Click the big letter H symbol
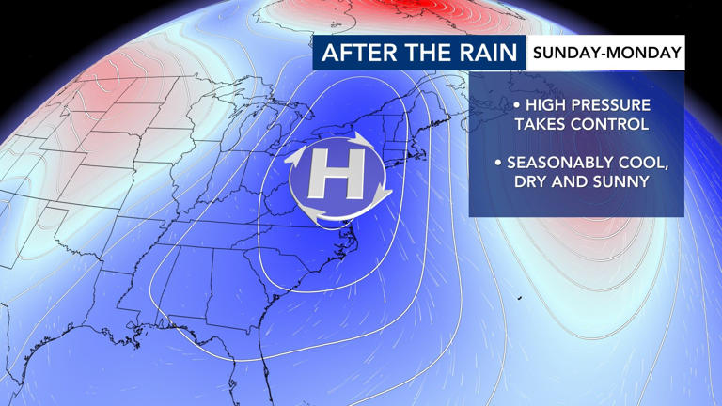[339, 176]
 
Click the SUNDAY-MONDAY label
[606, 53]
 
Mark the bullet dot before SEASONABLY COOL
[498, 162]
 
